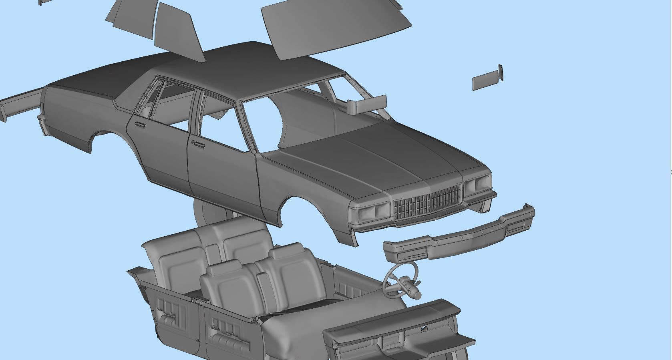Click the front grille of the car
click(427, 202)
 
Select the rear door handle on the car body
click(140, 125)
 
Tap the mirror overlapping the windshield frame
click(368, 104)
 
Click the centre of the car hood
click(380, 156)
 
